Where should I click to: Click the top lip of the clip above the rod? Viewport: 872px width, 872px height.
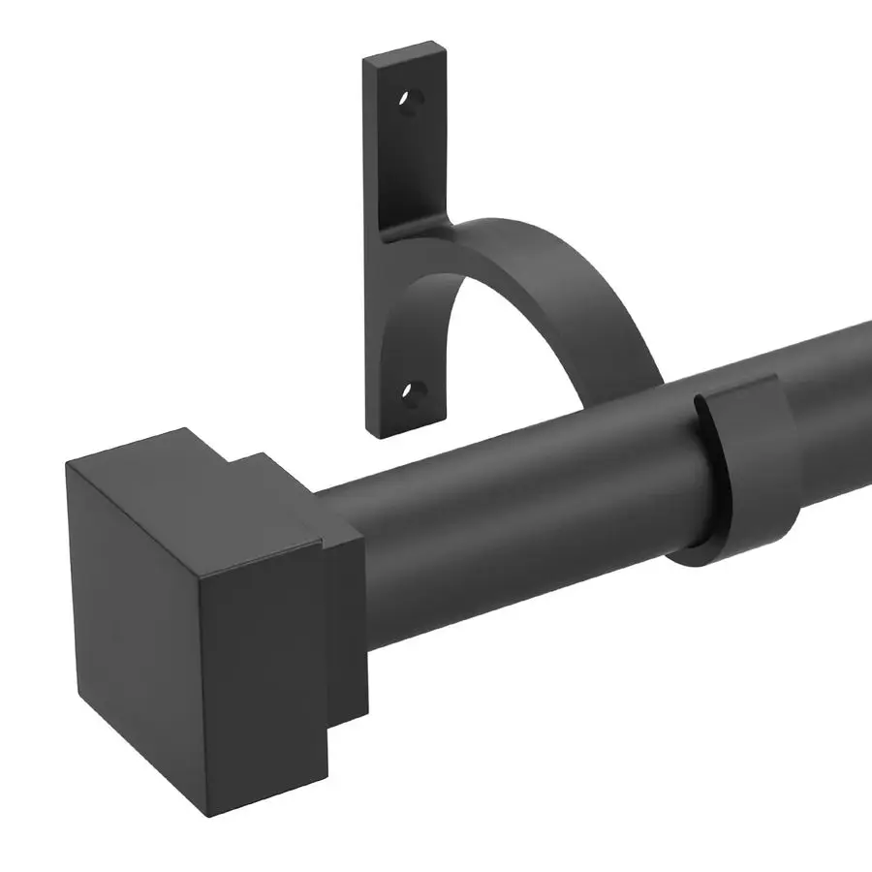[736, 388]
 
